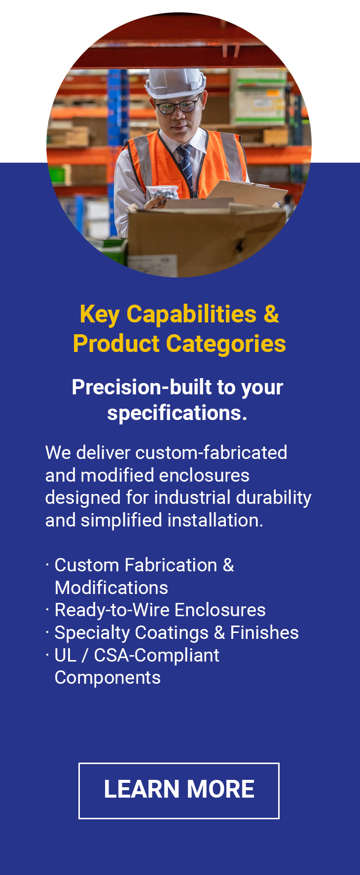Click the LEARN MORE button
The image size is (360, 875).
[x=179, y=791]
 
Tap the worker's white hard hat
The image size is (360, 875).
[x=176, y=82]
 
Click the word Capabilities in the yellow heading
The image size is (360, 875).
[x=192, y=315]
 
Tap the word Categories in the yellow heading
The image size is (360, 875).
[x=226, y=344]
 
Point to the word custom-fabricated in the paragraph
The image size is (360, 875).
[x=212, y=453]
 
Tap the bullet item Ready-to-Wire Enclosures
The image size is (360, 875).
[x=160, y=610]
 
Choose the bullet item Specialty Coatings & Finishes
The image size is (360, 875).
[x=177, y=632]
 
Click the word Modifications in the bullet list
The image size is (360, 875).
[x=111, y=588]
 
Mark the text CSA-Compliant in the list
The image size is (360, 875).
[x=157, y=656]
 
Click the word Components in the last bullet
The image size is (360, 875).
[x=108, y=678]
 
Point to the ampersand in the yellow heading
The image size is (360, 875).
[x=271, y=314]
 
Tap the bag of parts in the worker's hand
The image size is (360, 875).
[x=164, y=193]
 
